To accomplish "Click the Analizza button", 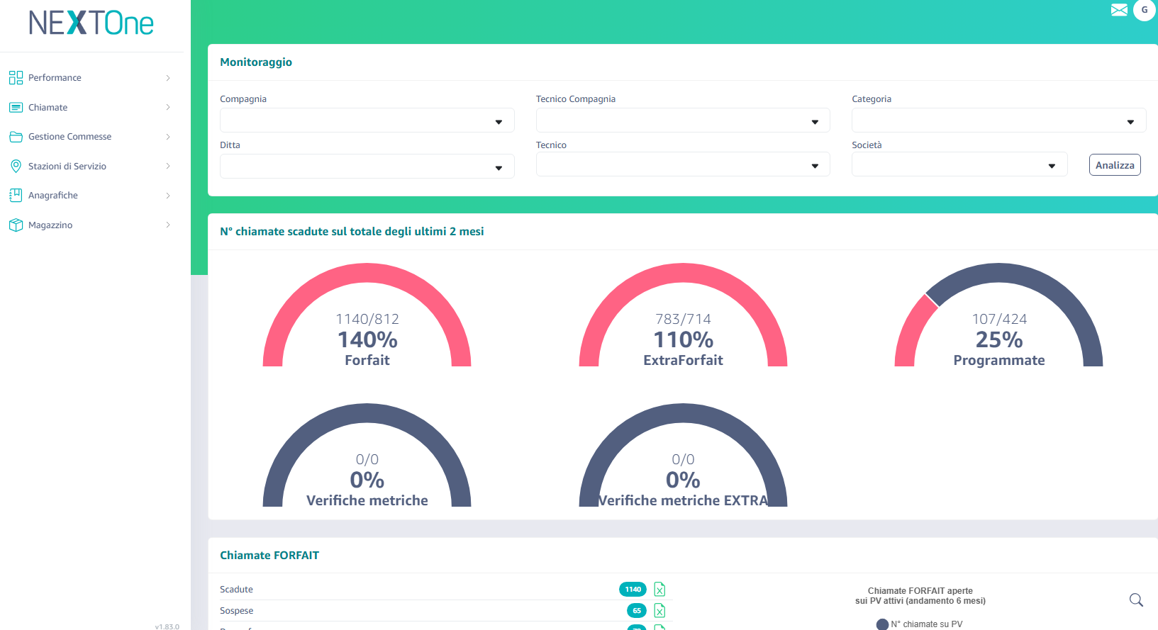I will pyautogui.click(x=1114, y=165).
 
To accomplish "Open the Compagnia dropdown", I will pyautogui.click(x=367, y=120).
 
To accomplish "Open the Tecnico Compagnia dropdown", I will pyautogui.click(x=682, y=120).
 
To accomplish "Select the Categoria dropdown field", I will pyautogui.click(x=998, y=120).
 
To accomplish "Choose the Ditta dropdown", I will pyautogui.click(x=367, y=167).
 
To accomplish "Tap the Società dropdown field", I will pyautogui.click(x=959, y=164).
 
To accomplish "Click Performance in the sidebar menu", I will pyautogui.click(x=55, y=78).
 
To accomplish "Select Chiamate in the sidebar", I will pyautogui.click(x=48, y=108).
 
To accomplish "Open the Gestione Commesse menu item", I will pyautogui.click(x=69, y=137).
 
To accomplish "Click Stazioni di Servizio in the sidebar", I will pyautogui.click(x=67, y=167).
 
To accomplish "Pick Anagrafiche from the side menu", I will pyautogui.click(x=53, y=196).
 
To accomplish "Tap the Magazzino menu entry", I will pyautogui.click(x=50, y=225).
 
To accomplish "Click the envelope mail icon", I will pyautogui.click(x=1119, y=10).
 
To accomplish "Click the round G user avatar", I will pyautogui.click(x=1144, y=10).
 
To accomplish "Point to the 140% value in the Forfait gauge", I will pyautogui.click(x=367, y=340).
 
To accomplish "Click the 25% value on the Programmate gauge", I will pyautogui.click(x=998, y=340).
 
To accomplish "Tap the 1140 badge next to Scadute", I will pyautogui.click(x=633, y=590).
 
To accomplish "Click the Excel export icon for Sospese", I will pyautogui.click(x=659, y=610).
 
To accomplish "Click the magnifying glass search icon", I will pyautogui.click(x=1136, y=600).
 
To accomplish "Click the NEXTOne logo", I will pyautogui.click(x=91, y=23).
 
